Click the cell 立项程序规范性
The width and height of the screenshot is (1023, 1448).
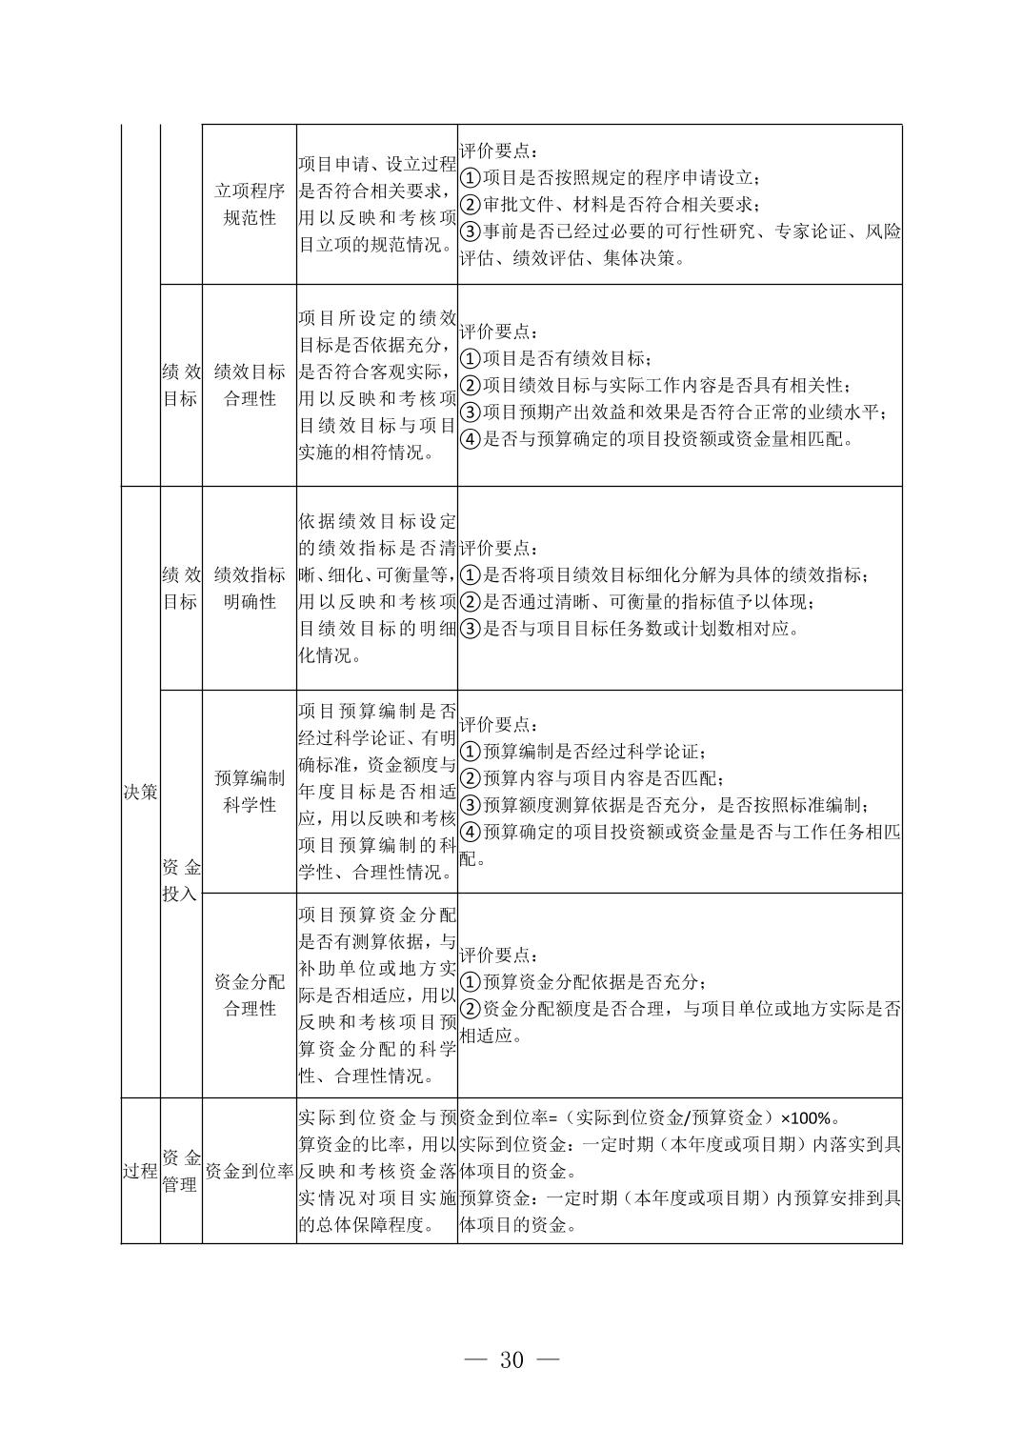click(249, 204)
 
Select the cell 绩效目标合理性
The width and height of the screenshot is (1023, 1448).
click(249, 385)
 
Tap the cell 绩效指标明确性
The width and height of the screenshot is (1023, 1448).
click(249, 588)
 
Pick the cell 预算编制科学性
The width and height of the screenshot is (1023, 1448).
click(249, 792)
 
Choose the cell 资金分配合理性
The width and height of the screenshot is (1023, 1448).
click(249, 995)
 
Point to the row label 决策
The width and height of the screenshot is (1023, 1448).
click(140, 792)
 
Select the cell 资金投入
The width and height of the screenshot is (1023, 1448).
click(181, 880)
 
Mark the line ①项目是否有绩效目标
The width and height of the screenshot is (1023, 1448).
click(556, 359)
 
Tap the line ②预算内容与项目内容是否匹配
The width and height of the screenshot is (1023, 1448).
click(591, 778)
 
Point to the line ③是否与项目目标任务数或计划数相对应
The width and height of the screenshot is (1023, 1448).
click(629, 629)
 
